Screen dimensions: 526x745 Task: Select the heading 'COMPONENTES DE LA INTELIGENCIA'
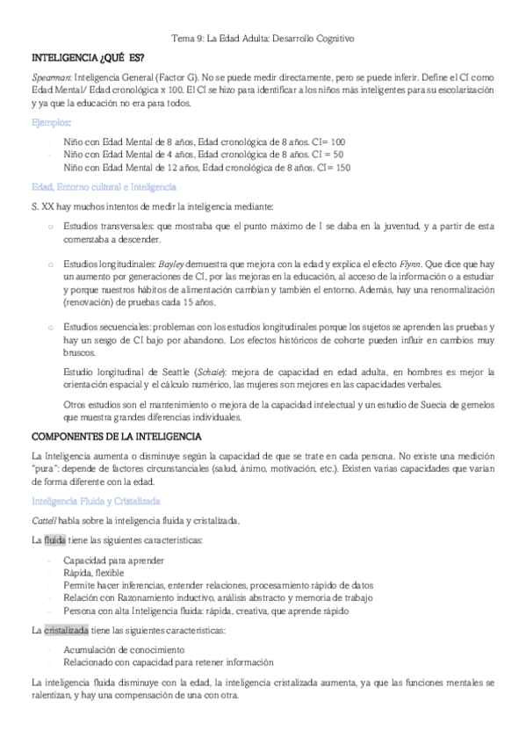click(x=117, y=437)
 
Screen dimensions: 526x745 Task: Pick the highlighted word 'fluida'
click(x=56, y=539)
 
